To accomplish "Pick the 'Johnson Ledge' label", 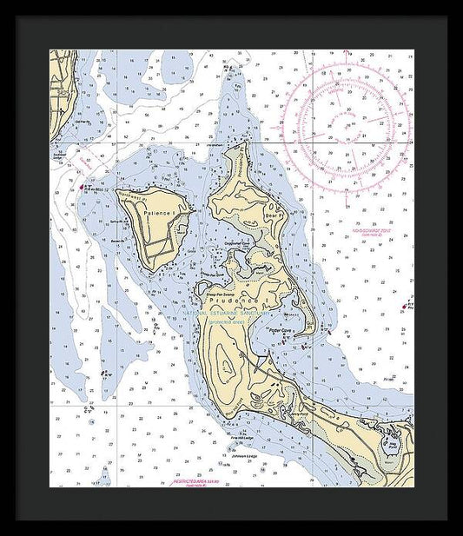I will pyautogui.click(x=248, y=454).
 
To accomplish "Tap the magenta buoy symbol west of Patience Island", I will pyautogui.click(x=83, y=185).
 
